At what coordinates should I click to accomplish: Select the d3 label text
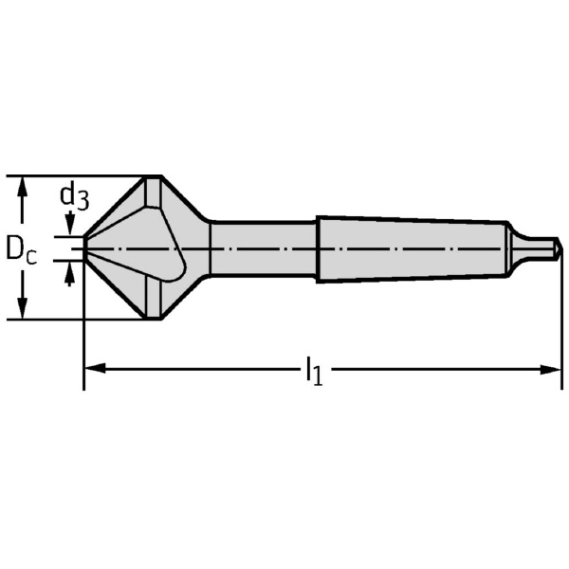[74, 196]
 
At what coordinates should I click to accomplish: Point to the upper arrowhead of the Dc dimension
[24, 185]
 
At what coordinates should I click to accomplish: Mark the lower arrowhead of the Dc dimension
[24, 310]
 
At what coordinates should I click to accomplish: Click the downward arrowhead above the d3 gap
[68, 229]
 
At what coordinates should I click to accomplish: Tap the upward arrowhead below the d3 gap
[68, 275]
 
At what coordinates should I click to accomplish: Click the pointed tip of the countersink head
[86, 247]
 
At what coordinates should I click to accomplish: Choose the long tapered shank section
[408, 248]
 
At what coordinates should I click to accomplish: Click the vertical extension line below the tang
[561, 322]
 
